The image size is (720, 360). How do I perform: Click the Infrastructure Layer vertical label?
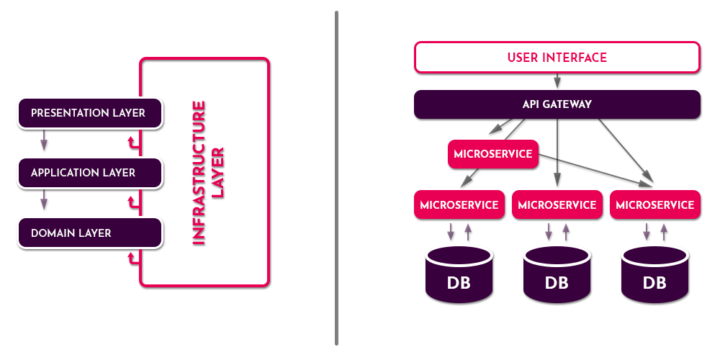pos(208,173)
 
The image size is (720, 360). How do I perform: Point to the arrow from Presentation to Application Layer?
pos(44,140)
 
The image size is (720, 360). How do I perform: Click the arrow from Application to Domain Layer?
pos(44,200)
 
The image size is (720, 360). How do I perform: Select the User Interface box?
pos(557,58)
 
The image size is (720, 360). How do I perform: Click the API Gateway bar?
pos(557,104)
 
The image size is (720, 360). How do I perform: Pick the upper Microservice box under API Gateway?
pos(493,154)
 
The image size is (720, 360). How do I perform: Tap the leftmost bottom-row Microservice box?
pos(459,204)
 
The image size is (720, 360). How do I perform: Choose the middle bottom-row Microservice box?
pos(557,204)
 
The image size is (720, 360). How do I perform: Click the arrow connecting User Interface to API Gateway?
pos(557,81)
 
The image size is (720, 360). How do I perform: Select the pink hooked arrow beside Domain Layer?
pos(133,258)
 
